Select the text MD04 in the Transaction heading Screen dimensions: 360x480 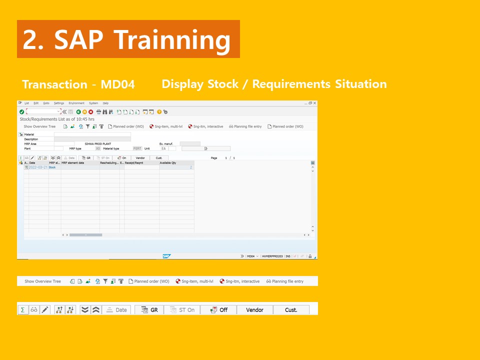click(118, 84)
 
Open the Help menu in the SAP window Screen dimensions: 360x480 click(105, 103)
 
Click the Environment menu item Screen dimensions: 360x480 click(76, 103)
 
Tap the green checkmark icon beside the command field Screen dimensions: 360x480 click(21, 111)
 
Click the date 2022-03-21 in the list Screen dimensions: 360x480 click(38, 167)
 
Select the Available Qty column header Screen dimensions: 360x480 click(168, 163)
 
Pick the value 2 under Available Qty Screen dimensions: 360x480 click(190, 167)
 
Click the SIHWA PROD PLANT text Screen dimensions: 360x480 click(98, 144)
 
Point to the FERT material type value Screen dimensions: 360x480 click(137, 148)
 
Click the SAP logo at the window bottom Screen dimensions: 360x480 click(166, 256)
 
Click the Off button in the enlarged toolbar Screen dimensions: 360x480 click(218, 310)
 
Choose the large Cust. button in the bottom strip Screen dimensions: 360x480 click(291, 310)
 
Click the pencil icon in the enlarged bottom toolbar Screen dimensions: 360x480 click(45, 310)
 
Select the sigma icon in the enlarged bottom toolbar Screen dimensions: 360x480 click(22, 310)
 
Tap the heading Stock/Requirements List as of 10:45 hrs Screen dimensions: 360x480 click(56, 119)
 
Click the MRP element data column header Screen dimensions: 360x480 click(73, 163)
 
